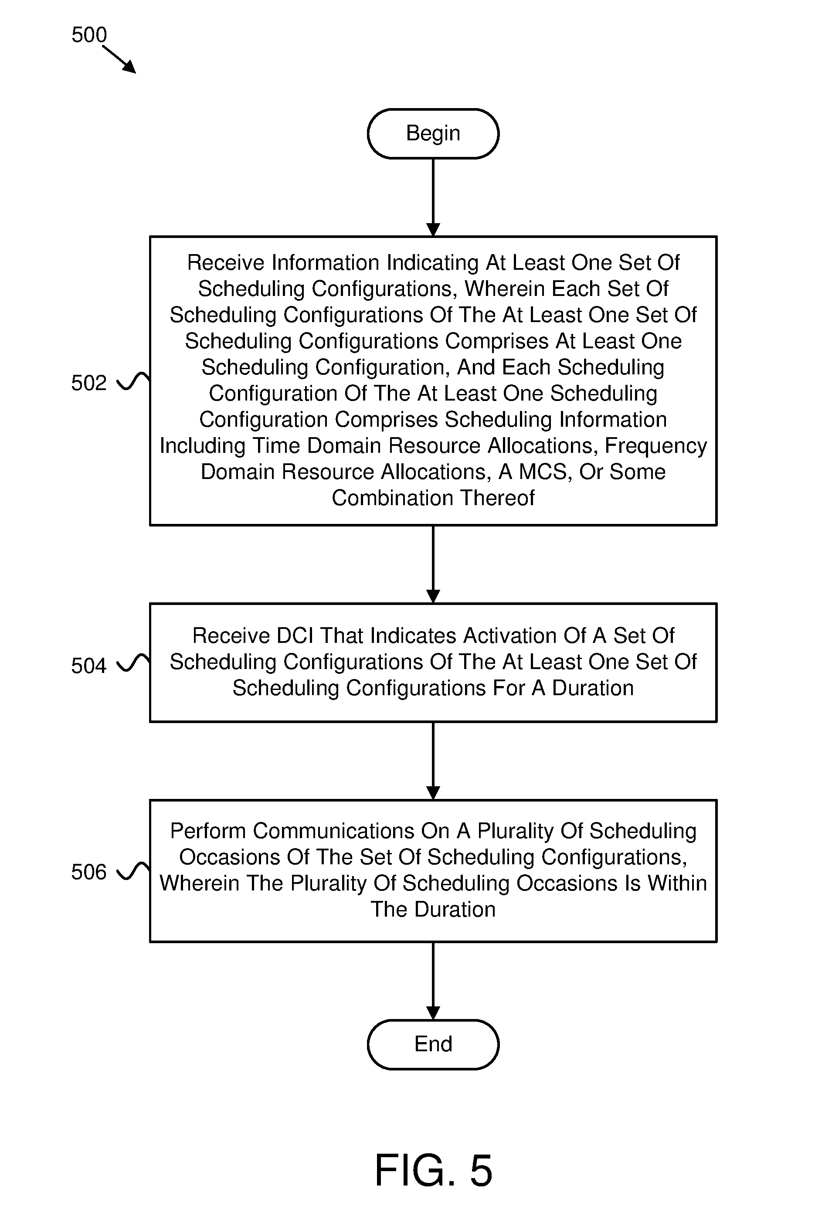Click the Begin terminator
click(x=433, y=133)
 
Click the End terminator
click(x=433, y=1044)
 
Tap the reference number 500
click(x=89, y=35)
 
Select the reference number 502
click(x=89, y=383)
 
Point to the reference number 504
click(x=89, y=665)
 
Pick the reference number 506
click(x=89, y=872)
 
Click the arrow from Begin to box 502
click(x=433, y=197)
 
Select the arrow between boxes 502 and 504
click(x=433, y=564)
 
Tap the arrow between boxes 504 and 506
click(x=433, y=761)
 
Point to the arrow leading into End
click(x=433, y=981)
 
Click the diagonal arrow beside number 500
click(x=119, y=59)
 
